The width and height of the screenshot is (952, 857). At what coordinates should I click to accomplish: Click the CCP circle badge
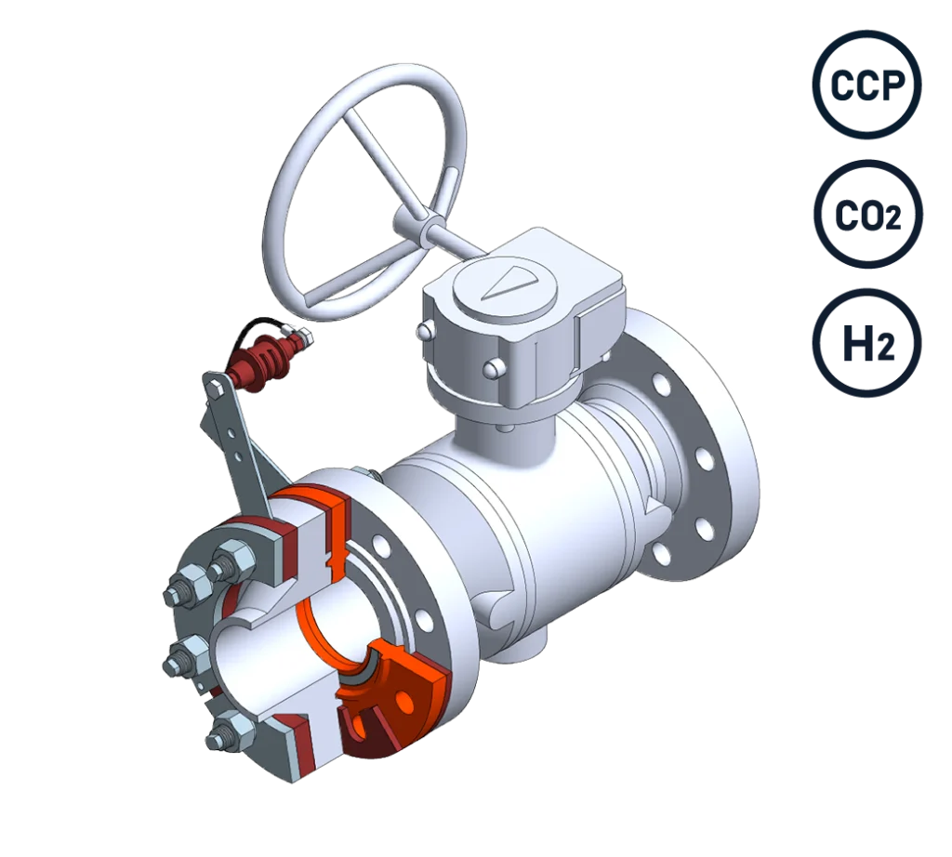point(866,85)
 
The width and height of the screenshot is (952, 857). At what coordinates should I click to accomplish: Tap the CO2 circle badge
point(867,214)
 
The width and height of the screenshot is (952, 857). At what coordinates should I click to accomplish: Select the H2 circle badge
point(867,343)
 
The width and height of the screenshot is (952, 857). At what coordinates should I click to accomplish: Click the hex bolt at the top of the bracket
point(214,387)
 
